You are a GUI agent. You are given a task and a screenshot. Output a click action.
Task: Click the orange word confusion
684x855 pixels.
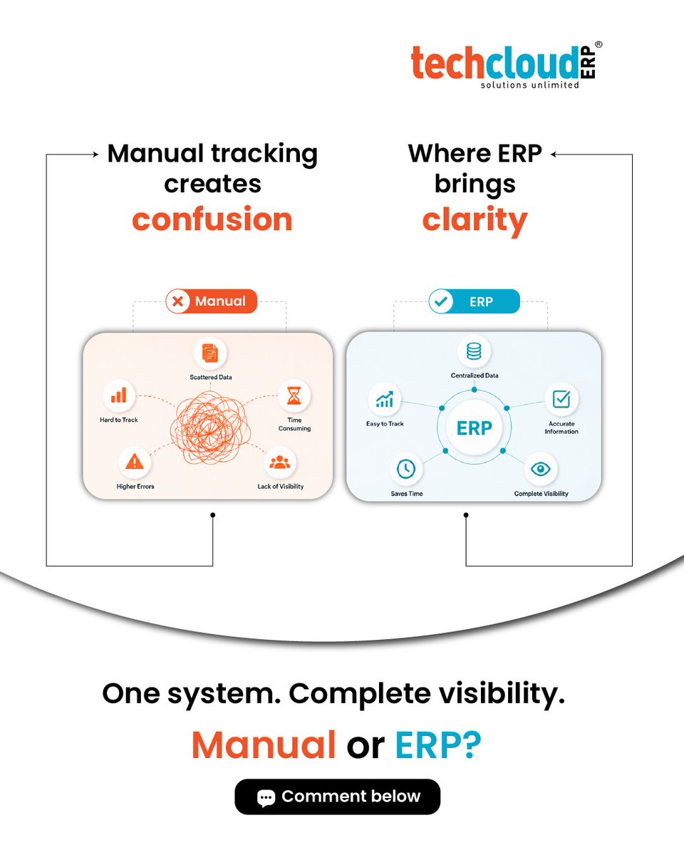click(212, 219)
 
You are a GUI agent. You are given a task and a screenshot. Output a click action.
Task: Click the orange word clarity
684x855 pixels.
click(475, 221)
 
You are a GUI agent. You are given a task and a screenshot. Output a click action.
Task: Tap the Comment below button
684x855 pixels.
click(338, 797)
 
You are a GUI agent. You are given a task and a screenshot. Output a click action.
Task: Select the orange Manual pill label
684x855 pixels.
click(212, 301)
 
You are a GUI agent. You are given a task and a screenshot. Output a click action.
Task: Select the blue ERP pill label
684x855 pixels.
click(474, 301)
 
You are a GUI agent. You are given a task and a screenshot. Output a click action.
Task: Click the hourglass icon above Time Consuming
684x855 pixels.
click(294, 395)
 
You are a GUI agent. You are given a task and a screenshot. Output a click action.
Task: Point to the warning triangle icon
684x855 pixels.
click(135, 462)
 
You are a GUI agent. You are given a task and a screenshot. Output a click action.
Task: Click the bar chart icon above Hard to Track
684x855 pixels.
click(118, 395)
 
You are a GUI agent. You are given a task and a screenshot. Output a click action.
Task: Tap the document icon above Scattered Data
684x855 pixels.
click(210, 353)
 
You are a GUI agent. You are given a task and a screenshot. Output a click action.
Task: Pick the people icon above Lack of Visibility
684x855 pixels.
click(280, 462)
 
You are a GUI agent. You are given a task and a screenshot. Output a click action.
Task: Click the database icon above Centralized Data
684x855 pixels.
click(474, 351)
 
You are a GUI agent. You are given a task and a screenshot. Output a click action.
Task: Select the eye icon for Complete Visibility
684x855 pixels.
click(541, 469)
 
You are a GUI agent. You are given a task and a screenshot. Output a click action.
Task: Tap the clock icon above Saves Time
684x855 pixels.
click(406, 469)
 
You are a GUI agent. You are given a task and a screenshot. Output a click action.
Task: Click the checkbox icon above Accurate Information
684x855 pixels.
click(561, 399)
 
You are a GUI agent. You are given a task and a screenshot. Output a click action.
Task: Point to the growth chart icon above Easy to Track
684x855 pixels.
click(385, 399)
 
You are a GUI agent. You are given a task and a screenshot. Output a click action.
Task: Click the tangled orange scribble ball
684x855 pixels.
click(211, 427)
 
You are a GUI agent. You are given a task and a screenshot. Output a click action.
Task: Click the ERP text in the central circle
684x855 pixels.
click(474, 428)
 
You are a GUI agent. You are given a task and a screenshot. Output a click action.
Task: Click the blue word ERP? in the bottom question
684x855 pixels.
click(437, 745)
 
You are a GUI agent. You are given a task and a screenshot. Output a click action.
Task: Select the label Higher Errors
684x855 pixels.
click(135, 487)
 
